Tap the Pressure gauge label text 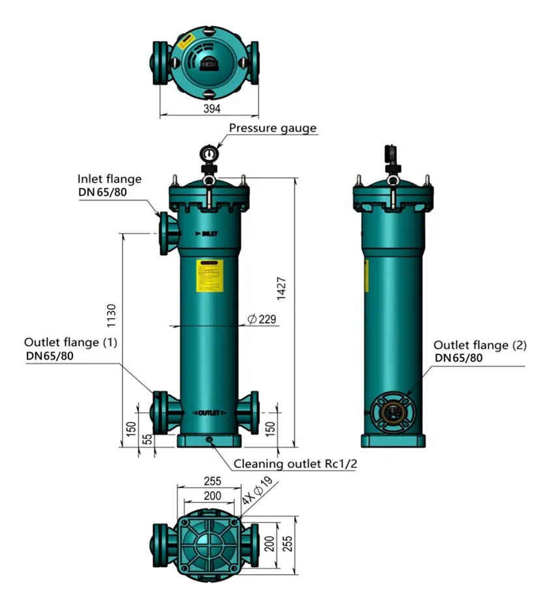272,128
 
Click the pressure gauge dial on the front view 209,154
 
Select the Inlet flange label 109,179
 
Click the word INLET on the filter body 208,234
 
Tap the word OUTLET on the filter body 211,413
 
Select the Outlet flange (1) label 70,342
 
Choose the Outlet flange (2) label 480,345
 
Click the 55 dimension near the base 147,439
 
